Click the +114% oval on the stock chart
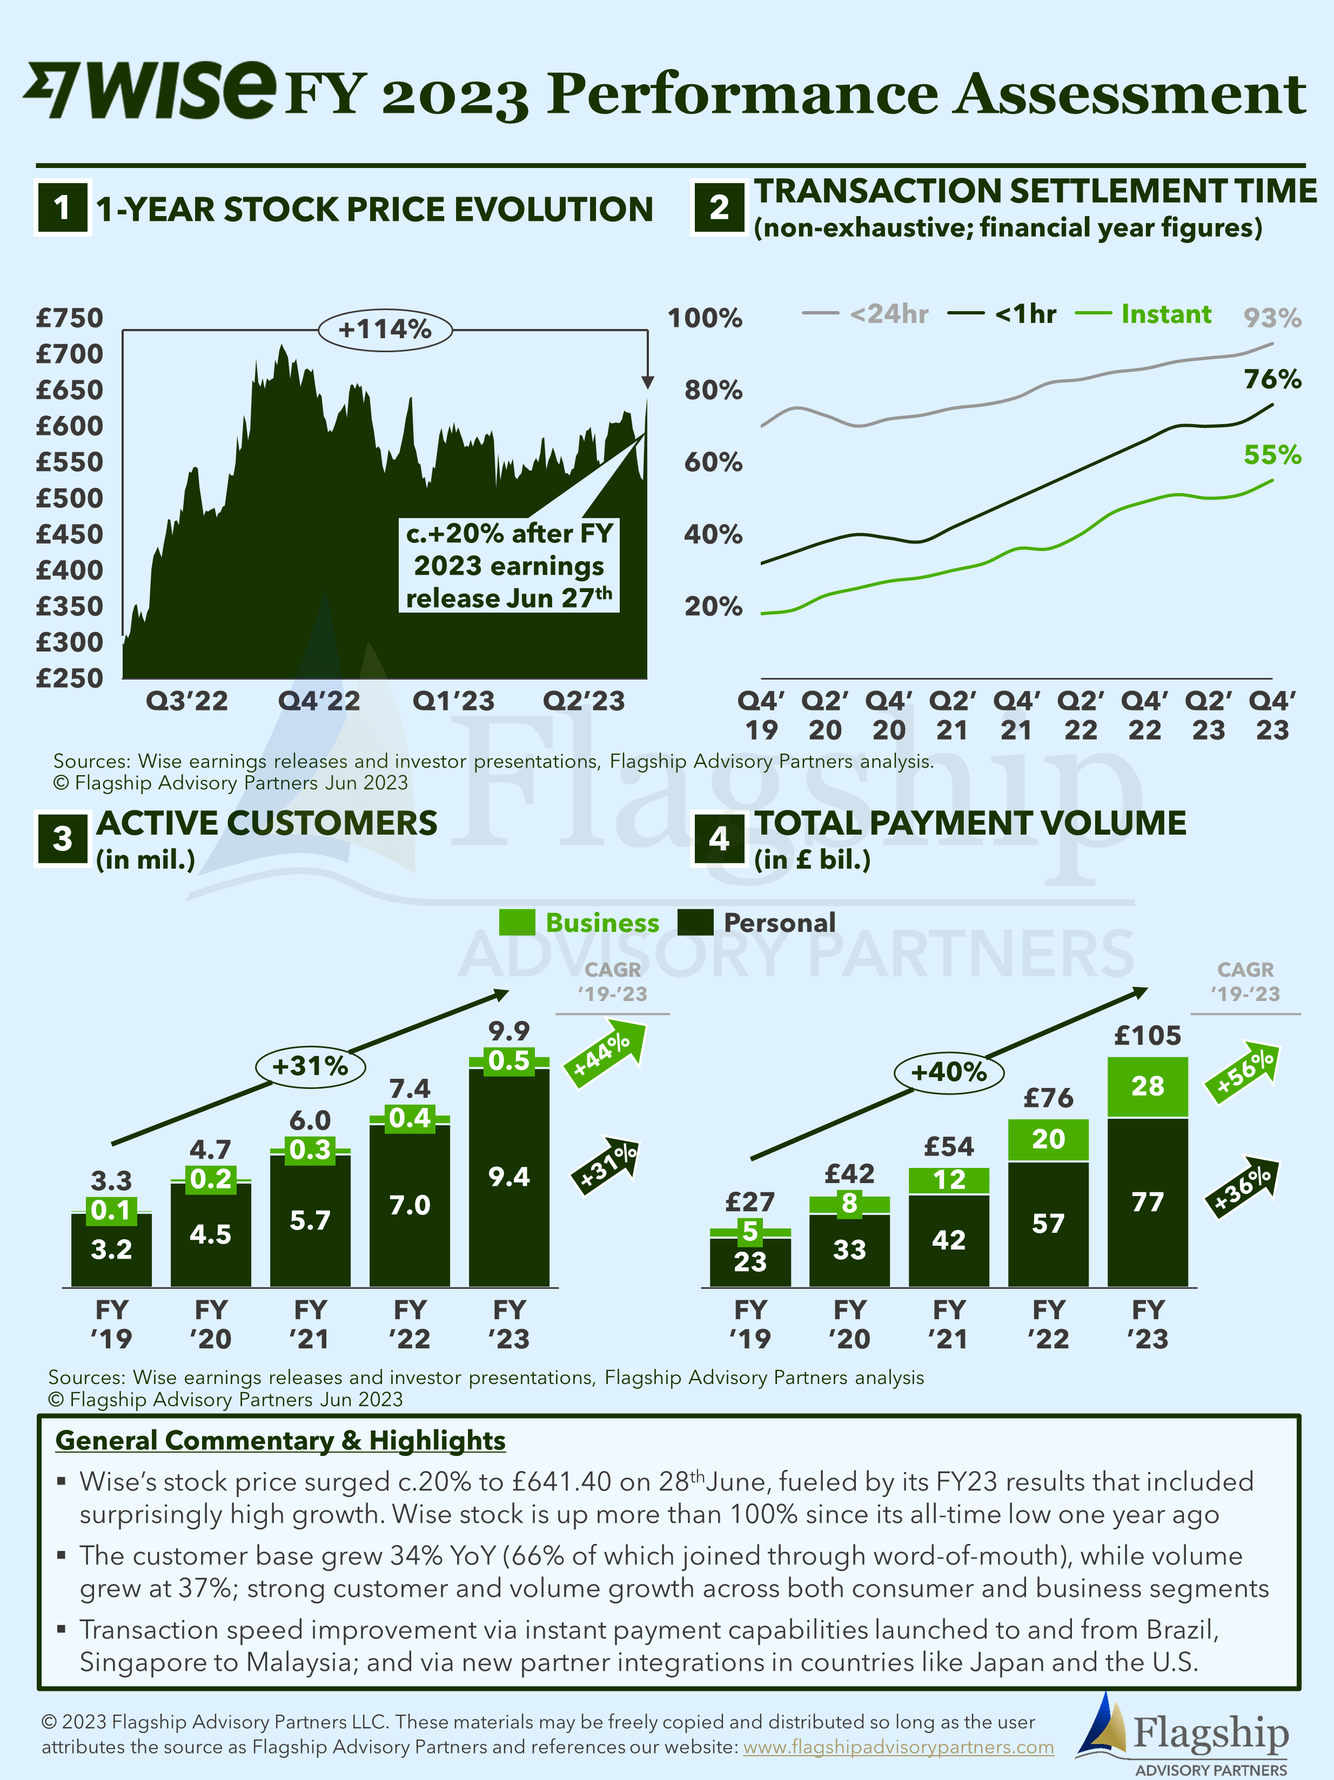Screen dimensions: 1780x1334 tap(385, 329)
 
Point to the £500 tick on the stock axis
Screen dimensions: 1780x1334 tap(69, 498)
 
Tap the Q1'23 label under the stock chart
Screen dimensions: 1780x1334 tap(453, 701)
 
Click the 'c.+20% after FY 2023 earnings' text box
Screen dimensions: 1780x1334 tap(509, 566)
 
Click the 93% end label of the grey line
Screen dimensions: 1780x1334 tap(1272, 318)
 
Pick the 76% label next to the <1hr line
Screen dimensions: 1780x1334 tap(1272, 379)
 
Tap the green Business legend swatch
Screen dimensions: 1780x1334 tap(517, 922)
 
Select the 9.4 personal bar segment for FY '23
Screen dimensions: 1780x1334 tap(509, 1177)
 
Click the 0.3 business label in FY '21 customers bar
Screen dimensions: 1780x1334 tap(310, 1150)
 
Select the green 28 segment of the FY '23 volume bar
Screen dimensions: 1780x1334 tap(1147, 1086)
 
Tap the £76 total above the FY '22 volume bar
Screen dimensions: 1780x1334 tap(1048, 1098)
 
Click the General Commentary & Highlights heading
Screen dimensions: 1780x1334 tap(280, 1440)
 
